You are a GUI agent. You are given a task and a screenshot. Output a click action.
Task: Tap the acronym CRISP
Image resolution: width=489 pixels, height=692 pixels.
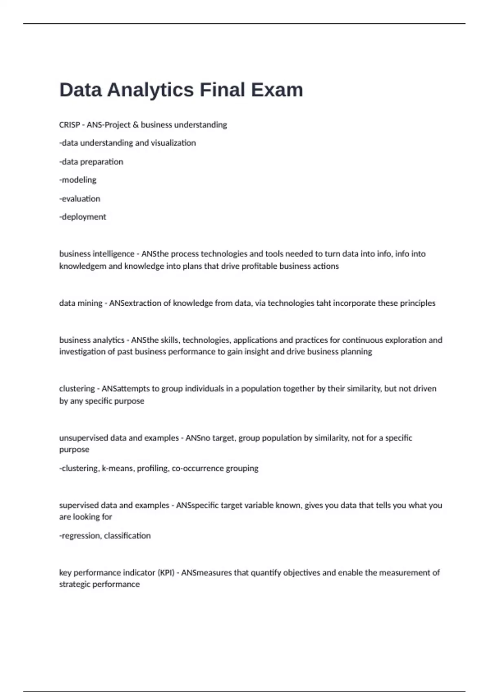[69, 125]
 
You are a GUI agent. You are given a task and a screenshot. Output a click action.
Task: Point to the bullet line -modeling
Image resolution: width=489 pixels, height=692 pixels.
[78, 180]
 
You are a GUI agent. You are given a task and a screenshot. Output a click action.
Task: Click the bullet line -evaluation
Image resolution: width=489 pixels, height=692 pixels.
[79, 199]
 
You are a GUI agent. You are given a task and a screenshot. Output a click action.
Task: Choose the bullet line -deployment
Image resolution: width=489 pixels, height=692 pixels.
[82, 217]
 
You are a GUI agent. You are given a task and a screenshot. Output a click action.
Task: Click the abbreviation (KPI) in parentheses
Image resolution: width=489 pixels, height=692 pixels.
[166, 573]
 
